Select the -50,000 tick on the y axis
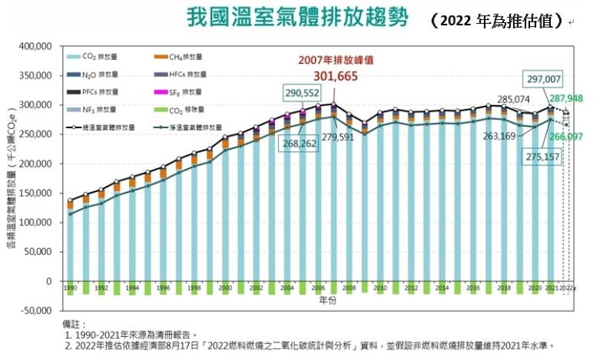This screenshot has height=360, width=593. coord(33,311)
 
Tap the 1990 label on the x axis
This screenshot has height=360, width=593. coord(70,287)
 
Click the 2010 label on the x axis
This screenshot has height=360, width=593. coord(380,287)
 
